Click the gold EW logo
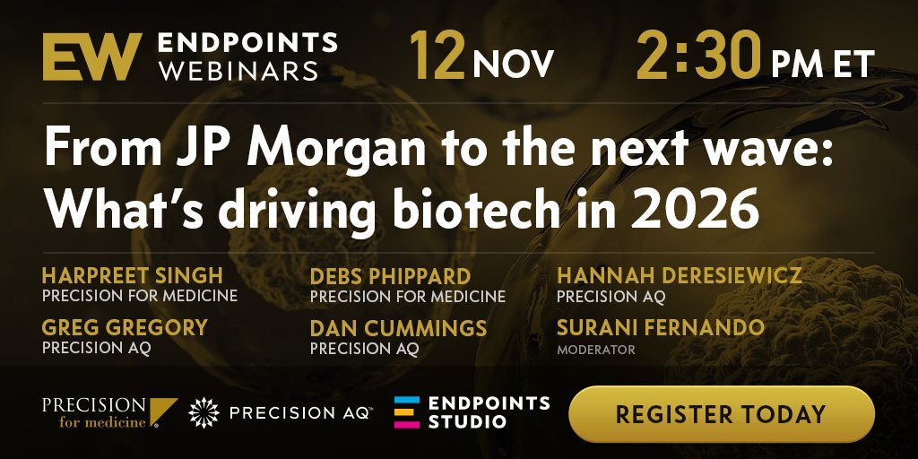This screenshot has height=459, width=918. (92, 56)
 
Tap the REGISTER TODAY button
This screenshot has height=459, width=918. (722, 414)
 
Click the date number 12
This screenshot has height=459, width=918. (437, 56)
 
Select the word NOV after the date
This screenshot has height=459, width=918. (513, 64)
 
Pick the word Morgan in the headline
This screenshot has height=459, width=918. (336, 151)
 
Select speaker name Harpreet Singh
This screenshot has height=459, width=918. (133, 275)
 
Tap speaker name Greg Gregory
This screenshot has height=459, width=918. (125, 328)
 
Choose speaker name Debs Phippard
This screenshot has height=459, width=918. (391, 276)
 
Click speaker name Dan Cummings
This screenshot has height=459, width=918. (398, 328)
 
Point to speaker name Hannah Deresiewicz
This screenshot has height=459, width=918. (680, 275)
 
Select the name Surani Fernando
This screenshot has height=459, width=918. (661, 328)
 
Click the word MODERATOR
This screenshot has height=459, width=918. (596, 351)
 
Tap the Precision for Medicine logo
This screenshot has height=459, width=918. (110, 412)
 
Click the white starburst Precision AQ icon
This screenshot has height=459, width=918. (204, 412)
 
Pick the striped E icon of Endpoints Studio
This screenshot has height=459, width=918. (407, 412)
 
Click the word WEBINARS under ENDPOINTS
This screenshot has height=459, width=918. (238, 71)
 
